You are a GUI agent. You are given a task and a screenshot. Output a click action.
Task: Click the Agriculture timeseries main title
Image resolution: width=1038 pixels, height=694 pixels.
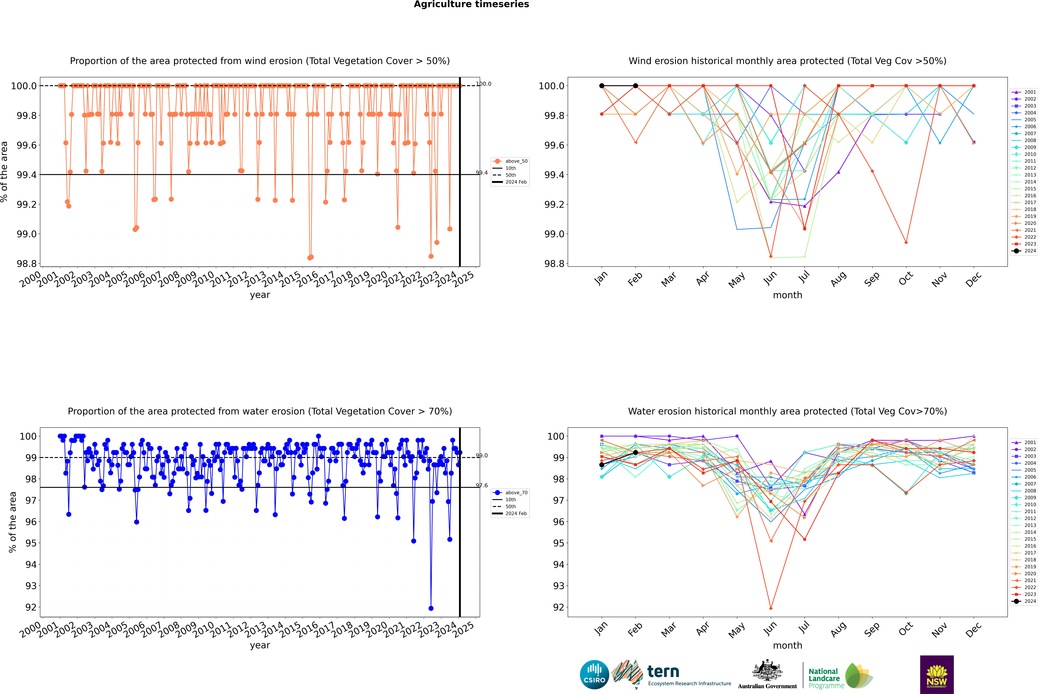(471, 4)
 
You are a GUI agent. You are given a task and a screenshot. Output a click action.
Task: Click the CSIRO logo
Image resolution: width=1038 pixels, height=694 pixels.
(594, 675)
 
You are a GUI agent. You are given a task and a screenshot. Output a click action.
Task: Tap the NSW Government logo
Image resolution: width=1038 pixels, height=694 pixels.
(937, 675)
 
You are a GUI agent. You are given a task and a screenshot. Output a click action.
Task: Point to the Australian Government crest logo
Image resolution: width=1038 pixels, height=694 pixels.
(767, 675)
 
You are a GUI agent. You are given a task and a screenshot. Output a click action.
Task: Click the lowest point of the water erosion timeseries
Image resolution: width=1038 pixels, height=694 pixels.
(431, 608)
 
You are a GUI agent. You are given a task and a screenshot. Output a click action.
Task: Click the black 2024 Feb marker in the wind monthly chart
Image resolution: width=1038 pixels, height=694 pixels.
(635, 86)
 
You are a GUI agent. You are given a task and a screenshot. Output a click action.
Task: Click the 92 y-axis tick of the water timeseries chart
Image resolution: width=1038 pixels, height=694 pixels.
(31, 607)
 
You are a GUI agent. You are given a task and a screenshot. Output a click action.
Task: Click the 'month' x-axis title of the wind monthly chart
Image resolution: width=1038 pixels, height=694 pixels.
(787, 295)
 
